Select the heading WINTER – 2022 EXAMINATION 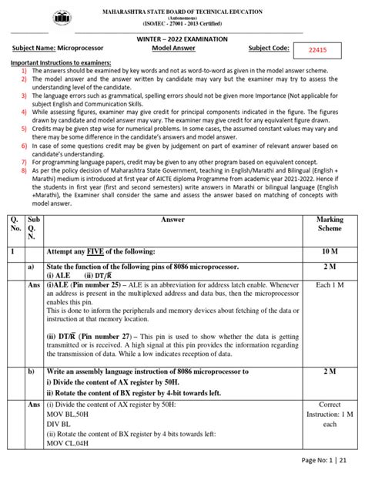coord(182,36)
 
